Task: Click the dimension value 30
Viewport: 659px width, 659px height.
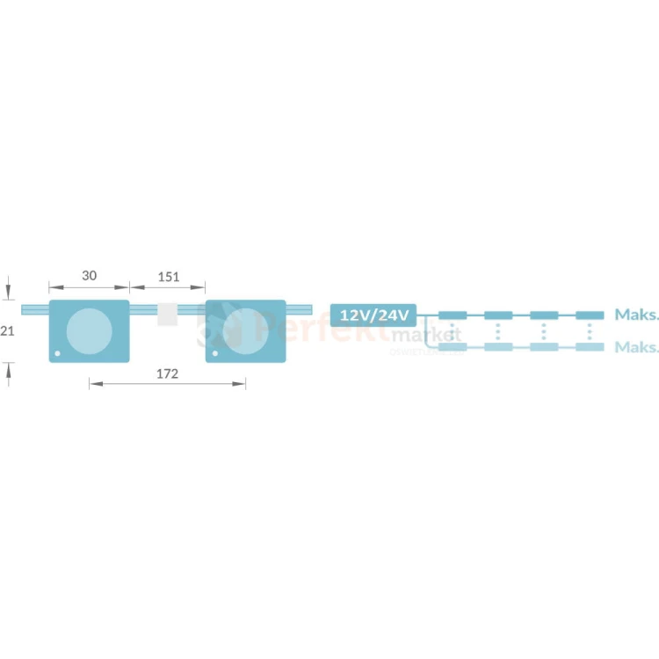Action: tap(89, 276)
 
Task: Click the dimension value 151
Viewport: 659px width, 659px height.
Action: tap(168, 277)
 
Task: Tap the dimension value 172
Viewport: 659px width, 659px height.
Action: tap(167, 373)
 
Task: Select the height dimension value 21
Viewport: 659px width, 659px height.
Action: tap(7, 330)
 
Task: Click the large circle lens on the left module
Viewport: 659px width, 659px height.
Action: tap(89, 331)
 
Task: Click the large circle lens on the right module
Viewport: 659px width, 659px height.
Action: tap(245, 331)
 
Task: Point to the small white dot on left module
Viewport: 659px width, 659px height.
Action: tap(58, 354)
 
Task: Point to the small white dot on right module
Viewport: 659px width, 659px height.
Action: tap(214, 354)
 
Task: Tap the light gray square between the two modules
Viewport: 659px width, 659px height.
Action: tap(168, 315)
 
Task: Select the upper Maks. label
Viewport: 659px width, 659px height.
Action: tap(636, 315)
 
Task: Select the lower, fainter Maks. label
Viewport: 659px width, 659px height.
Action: tap(636, 347)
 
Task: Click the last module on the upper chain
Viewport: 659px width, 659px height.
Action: tap(590, 315)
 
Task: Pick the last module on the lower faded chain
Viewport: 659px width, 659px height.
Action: tap(590, 347)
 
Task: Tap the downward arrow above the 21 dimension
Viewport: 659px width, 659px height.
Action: tap(8, 287)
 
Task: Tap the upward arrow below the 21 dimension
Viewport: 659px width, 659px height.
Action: tap(8, 373)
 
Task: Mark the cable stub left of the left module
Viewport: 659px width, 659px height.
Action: tap(34, 310)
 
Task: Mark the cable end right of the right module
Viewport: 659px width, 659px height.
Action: tap(299, 310)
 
